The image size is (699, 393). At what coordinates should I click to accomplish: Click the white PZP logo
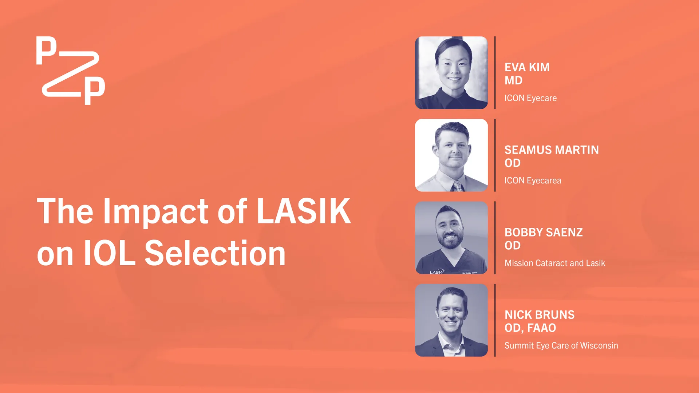[71, 70]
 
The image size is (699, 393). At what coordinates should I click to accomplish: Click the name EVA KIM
[527, 67]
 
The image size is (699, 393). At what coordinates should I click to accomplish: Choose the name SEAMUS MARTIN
[552, 150]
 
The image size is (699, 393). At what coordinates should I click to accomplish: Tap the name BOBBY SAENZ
[544, 232]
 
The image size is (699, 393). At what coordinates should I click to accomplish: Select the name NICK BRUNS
[540, 315]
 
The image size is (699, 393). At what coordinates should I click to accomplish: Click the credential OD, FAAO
[530, 328]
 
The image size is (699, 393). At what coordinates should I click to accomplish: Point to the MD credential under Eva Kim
[513, 80]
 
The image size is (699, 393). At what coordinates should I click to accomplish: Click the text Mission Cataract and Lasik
[555, 263]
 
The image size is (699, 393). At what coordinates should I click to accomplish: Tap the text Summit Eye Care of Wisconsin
[561, 346]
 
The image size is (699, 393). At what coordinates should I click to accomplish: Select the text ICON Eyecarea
[533, 180]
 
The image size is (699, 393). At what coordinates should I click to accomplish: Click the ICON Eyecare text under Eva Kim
[530, 98]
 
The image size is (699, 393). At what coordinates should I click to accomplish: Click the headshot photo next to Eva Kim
[451, 73]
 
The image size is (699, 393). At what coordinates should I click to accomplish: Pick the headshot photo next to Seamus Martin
[451, 155]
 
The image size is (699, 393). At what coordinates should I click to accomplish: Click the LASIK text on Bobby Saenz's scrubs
[437, 272]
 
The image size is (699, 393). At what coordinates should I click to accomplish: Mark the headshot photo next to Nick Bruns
[451, 320]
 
